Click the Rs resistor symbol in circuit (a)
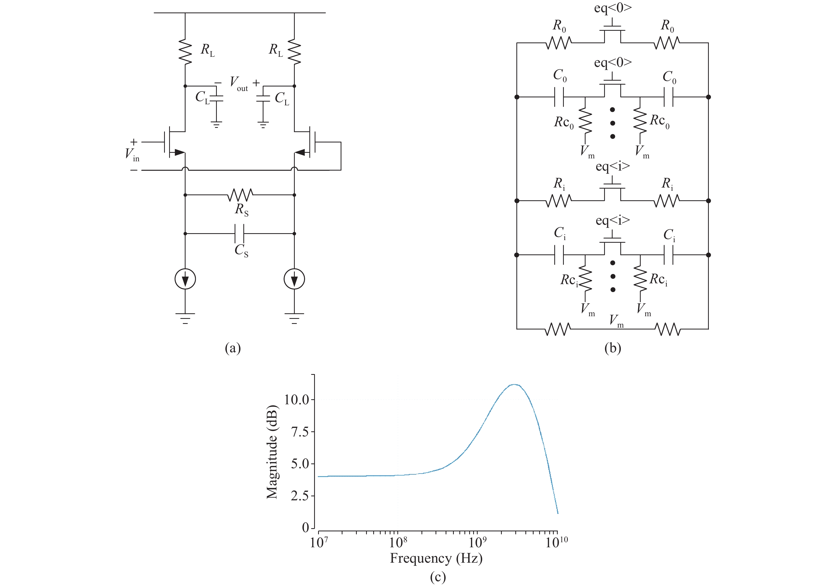tap(240, 195)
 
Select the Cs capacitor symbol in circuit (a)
tap(239, 233)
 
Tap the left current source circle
tap(185, 279)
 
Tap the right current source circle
tap(294, 279)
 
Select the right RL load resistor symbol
tap(294, 53)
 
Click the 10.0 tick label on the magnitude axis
tap(296, 400)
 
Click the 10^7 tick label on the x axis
tap(319, 542)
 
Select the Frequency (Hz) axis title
tap(436, 558)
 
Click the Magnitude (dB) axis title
tap(272, 451)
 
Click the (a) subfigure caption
tap(233, 348)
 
